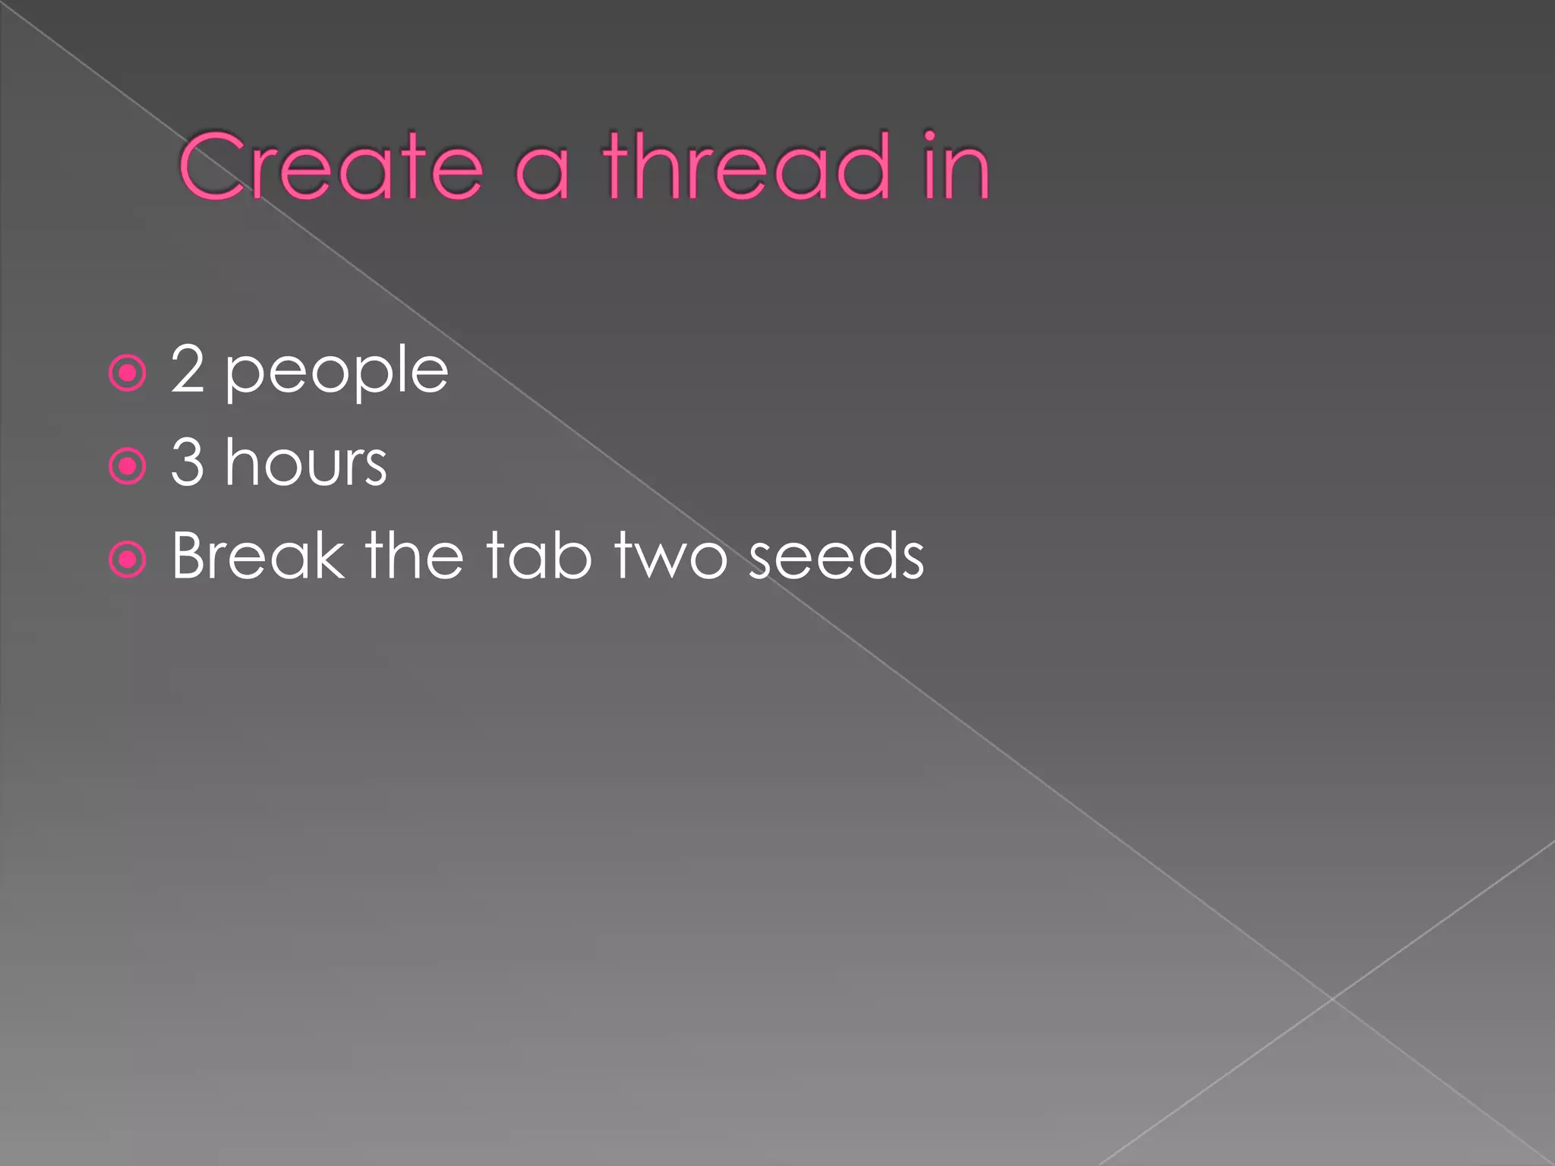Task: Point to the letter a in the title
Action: click(542, 175)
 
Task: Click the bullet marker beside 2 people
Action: click(127, 373)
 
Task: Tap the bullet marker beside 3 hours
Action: click(127, 466)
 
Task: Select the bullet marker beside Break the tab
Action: click(127, 560)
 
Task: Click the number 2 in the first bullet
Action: click(188, 369)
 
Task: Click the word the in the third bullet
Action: click(415, 556)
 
